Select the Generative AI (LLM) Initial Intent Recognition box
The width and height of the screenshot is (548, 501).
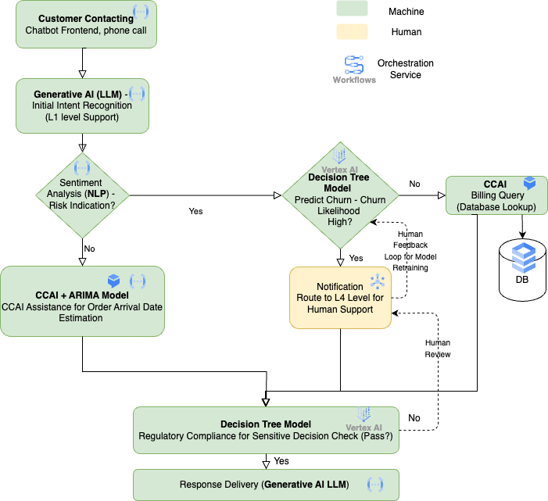click(82, 105)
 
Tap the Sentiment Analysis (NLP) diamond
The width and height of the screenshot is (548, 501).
click(82, 195)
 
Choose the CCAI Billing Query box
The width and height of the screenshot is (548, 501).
click(496, 195)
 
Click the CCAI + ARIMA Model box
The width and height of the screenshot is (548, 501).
click(83, 301)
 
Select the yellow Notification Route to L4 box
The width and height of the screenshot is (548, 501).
click(339, 297)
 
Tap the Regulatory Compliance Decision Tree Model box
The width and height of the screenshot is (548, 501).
click(266, 429)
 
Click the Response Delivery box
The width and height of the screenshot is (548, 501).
click(266, 485)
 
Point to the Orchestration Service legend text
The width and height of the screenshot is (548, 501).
click(405, 69)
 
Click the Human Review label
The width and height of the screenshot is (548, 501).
click(438, 348)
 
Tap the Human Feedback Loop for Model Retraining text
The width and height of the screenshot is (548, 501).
click(410, 250)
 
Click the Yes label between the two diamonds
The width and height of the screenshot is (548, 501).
click(196, 211)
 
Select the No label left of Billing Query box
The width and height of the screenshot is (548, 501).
click(414, 184)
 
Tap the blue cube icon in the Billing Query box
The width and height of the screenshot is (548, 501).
click(529, 184)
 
